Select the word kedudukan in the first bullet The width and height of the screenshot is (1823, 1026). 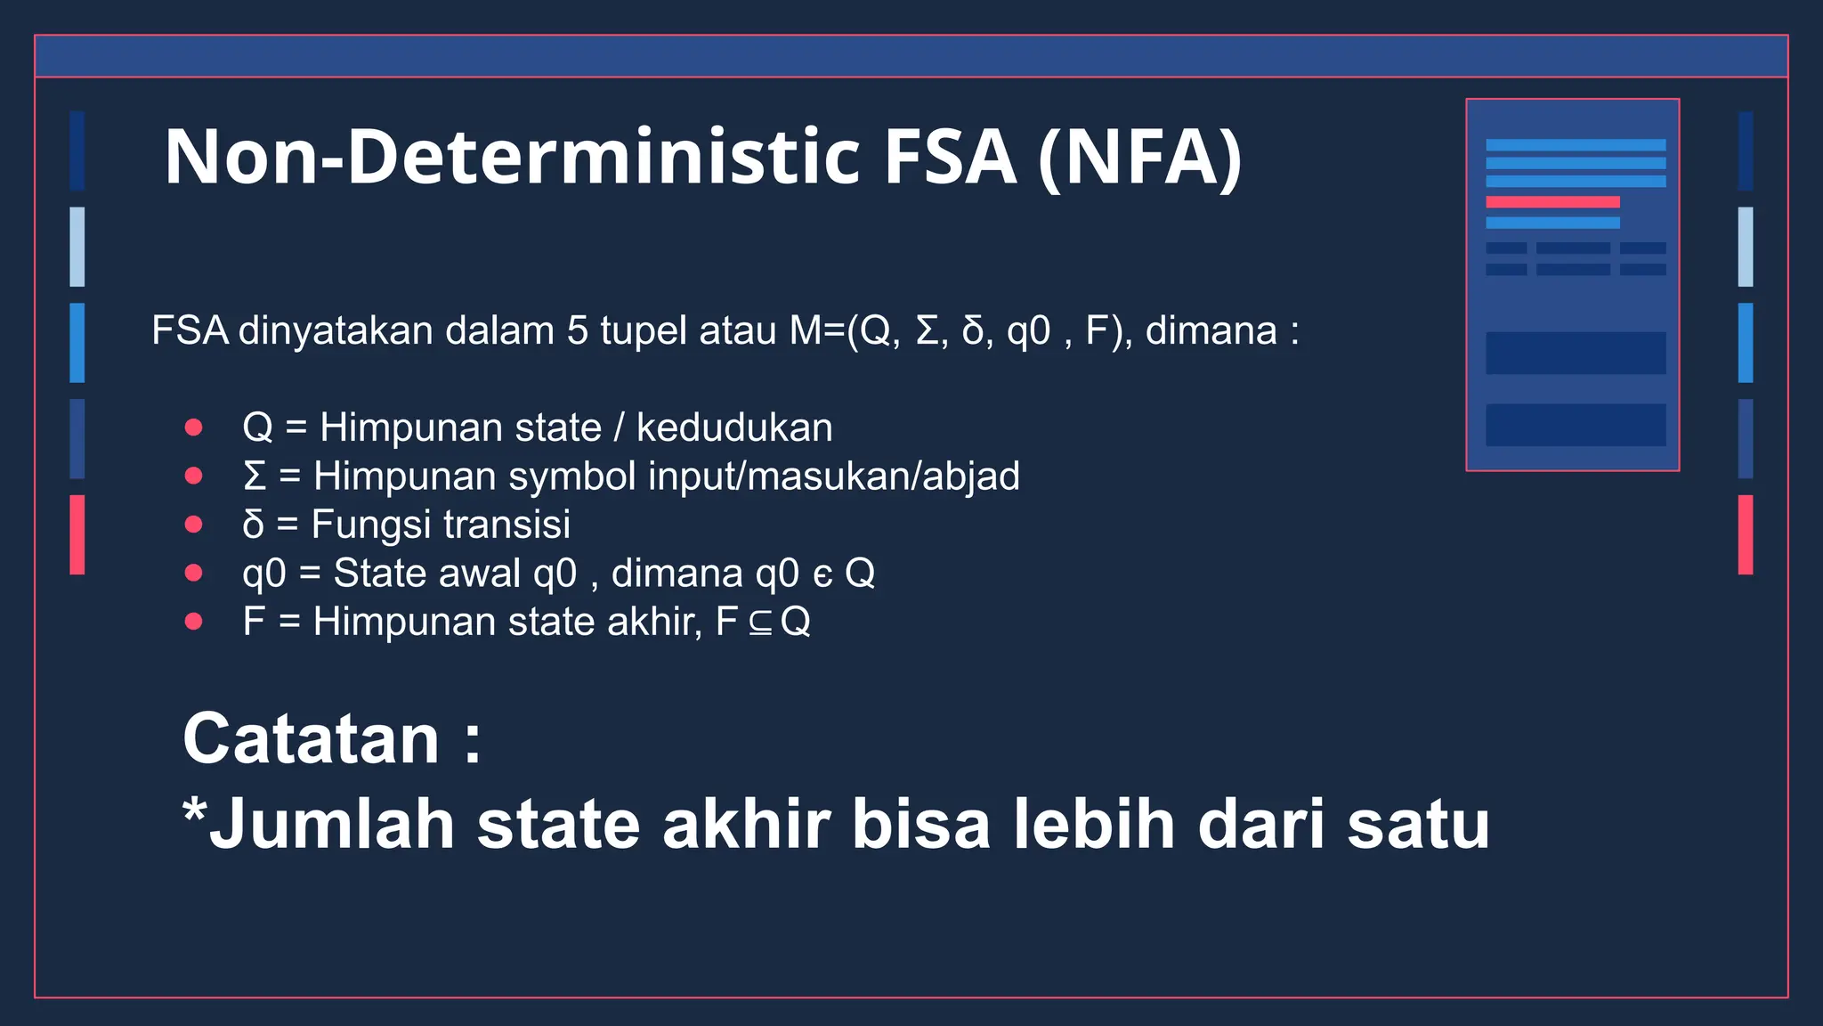click(x=734, y=428)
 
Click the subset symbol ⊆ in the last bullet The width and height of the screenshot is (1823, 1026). click(x=759, y=623)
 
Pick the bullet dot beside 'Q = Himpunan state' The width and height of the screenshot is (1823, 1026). click(x=193, y=427)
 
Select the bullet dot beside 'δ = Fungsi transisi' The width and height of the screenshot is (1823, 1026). click(x=193, y=525)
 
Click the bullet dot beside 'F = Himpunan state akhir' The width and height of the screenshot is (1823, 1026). click(x=193, y=622)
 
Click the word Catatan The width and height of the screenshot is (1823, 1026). click(x=311, y=739)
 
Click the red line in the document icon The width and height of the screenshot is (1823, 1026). click(x=1552, y=202)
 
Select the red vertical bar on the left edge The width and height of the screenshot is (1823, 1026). click(x=77, y=534)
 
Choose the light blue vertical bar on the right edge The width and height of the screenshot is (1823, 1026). click(x=1746, y=247)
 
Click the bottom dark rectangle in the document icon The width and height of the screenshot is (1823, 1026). click(x=1576, y=425)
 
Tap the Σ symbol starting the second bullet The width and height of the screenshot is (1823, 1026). click(x=255, y=476)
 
